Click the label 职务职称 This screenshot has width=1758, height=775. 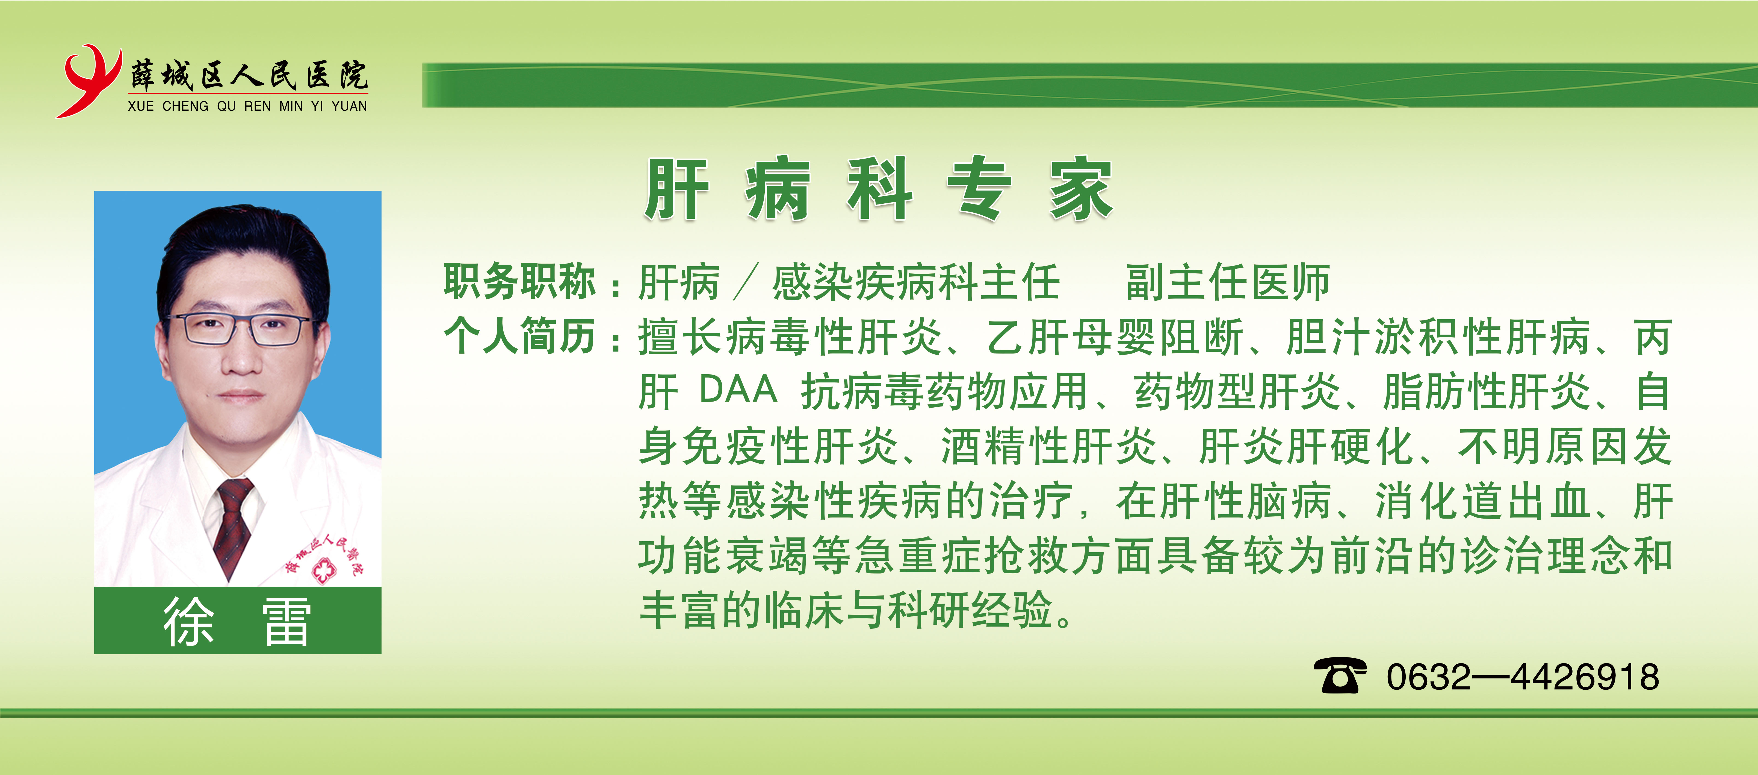520,281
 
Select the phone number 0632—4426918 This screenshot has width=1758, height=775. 1523,677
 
